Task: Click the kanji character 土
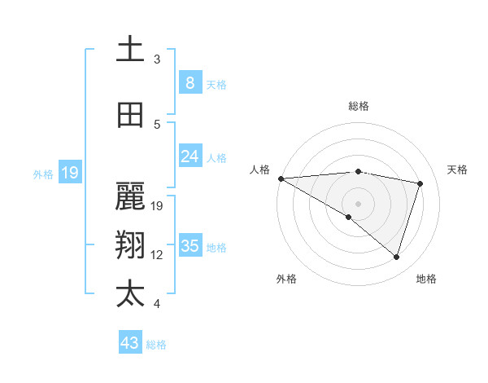click(130, 50)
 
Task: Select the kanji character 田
click(130, 116)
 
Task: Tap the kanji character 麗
click(130, 195)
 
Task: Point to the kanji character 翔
click(130, 244)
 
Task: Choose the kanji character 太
click(130, 293)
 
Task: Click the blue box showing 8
click(190, 83)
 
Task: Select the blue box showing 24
click(190, 156)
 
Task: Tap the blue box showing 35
click(190, 246)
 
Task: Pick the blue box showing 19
click(69, 173)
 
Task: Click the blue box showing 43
click(130, 343)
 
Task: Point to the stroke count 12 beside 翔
click(157, 255)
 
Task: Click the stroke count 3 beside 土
click(157, 59)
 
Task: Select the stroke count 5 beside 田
click(157, 125)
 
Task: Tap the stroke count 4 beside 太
click(157, 304)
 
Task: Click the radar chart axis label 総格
click(358, 106)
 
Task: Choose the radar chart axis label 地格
click(426, 279)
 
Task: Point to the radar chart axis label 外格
click(286, 279)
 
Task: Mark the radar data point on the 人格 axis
click(281, 178)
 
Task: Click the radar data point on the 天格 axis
click(420, 183)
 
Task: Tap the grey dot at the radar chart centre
click(358, 203)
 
